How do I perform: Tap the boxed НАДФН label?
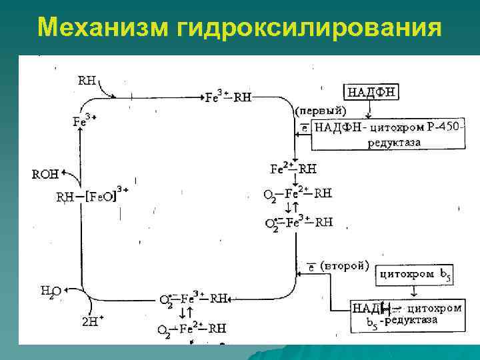tap(371, 92)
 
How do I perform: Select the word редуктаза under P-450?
tap(394, 142)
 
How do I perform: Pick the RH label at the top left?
tap(87, 81)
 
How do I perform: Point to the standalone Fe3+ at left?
tap(84, 121)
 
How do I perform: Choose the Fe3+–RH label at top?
tap(229, 97)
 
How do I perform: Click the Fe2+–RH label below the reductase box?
tap(293, 168)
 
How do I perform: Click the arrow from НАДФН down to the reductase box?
tap(371, 110)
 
